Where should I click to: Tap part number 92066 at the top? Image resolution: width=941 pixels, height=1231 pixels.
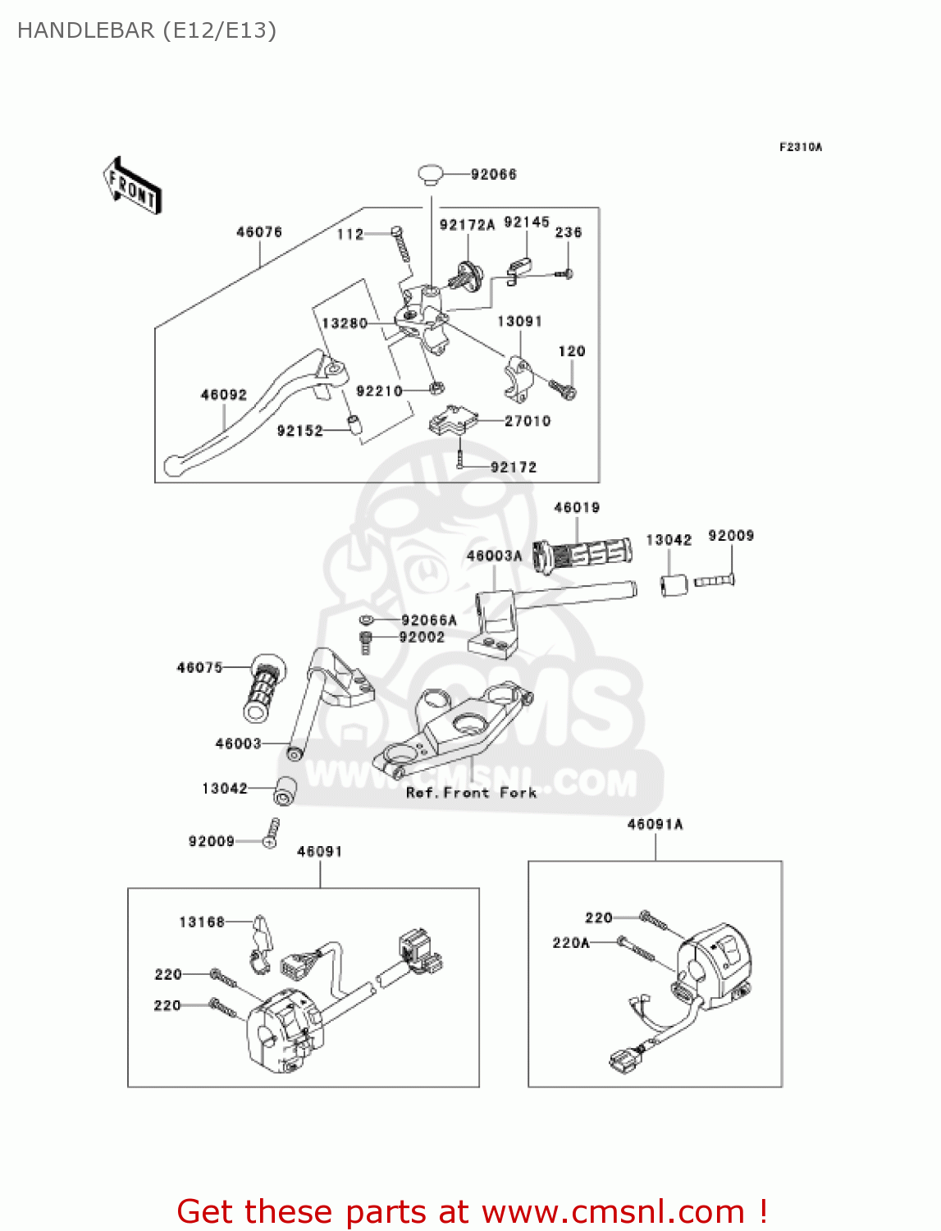(493, 174)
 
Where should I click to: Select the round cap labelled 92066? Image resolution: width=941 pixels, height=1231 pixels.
(431, 174)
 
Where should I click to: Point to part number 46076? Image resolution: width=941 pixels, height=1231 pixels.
(259, 232)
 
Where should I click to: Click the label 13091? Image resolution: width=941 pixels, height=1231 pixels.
(519, 321)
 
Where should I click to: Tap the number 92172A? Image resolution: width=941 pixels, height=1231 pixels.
(467, 225)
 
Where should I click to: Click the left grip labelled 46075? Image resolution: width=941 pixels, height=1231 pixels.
(264, 688)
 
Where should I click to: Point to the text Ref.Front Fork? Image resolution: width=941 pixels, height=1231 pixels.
(471, 792)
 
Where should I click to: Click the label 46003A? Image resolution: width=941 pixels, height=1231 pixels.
(494, 556)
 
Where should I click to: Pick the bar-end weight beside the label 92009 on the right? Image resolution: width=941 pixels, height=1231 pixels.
(674, 585)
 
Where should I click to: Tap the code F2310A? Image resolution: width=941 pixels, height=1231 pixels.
(800, 147)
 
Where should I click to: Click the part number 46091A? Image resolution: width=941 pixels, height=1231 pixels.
(655, 824)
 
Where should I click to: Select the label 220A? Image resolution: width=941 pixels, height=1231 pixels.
(571, 943)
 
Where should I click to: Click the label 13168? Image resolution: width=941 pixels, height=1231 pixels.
(202, 922)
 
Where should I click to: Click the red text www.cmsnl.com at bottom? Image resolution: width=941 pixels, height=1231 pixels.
(612, 1211)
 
